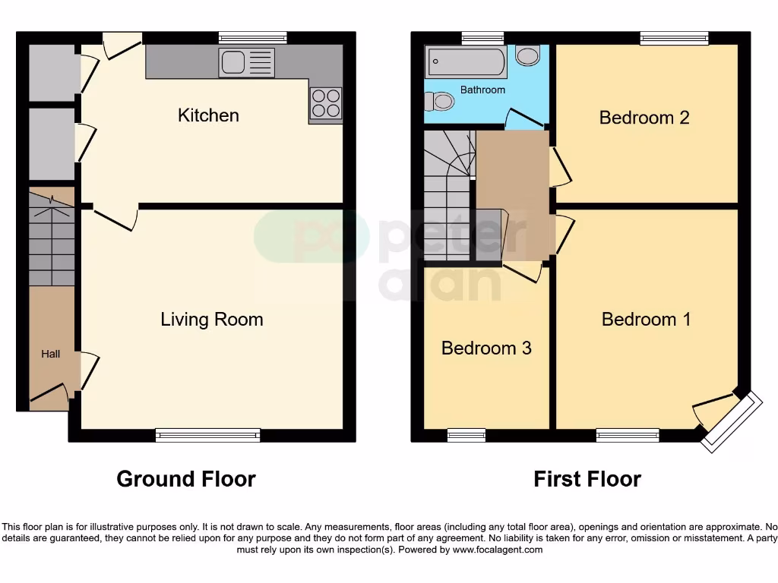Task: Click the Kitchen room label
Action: pyautogui.click(x=208, y=115)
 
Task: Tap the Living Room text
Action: pyautogui.click(x=212, y=319)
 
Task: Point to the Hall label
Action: pyautogui.click(x=50, y=354)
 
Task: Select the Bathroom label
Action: pyautogui.click(x=482, y=90)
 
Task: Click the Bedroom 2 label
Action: pyautogui.click(x=644, y=118)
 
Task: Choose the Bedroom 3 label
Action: pyautogui.click(x=486, y=348)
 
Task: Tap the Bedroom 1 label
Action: pyautogui.click(x=647, y=319)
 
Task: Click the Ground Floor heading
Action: pyautogui.click(x=186, y=479)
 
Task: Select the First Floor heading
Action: pyautogui.click(x=587, y=479)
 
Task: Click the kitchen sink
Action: pyautogui.click(x=246, y=62)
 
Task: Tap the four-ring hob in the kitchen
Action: pyautogui.click(x=326, y=102)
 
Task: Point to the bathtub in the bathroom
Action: pyautogui.click(x=466, y=62)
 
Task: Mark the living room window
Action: pyautogui.click(x=207, y=435)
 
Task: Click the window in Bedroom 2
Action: pyautogui.click(x=674, y=37)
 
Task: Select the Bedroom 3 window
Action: pyautogui.click(x=466, y=435)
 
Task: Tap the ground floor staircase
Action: pyautogui.click(x=52, y=237)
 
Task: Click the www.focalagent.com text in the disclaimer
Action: pyautogui.click(x=498, y=550)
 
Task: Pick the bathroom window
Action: pyautogui.click(x=482, y=37)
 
